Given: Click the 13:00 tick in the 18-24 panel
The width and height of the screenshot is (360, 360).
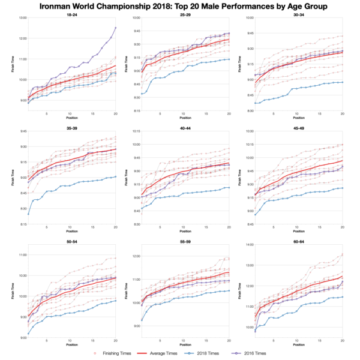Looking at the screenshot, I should (x=22, y=18).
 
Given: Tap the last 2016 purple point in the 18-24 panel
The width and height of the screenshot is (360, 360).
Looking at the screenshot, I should (x=115, y=28).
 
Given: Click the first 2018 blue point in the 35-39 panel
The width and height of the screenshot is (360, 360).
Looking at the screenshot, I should (x=28, y=214).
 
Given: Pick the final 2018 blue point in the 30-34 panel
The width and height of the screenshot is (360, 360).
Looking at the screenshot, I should (x=343, y=82).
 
